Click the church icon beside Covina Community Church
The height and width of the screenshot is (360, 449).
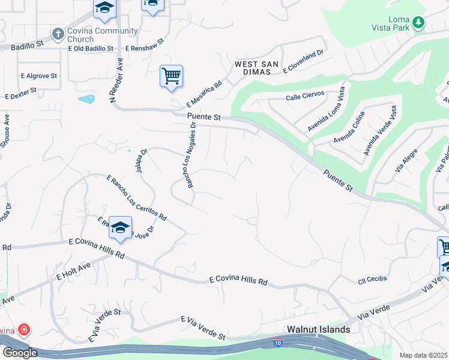point(58,34)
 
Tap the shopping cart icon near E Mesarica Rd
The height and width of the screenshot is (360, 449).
point(171,76)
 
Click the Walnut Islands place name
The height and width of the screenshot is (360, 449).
point(318,329)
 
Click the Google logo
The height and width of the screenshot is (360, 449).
point(20,353)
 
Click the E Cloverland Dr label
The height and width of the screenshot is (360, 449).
point(303,61)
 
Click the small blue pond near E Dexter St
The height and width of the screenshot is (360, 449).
point(86,98)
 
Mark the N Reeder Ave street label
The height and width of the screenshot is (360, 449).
point(120,80)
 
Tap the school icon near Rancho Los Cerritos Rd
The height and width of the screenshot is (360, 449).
point(120,227)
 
